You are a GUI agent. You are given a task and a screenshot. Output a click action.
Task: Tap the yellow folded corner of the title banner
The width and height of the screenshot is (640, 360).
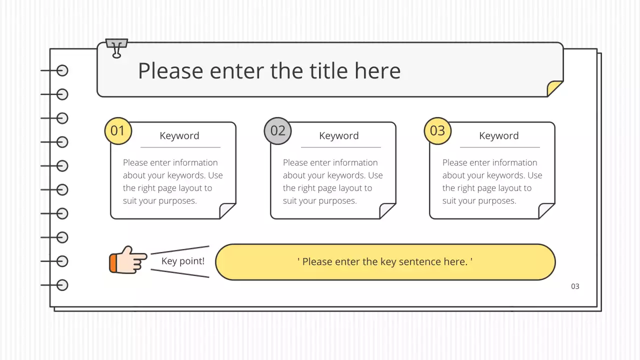click(x=553, y=89)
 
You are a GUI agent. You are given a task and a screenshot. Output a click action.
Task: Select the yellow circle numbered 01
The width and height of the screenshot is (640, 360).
click(x=117, y=131)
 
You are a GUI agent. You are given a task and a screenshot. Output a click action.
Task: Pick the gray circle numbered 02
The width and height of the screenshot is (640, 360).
click(x=277, y=131)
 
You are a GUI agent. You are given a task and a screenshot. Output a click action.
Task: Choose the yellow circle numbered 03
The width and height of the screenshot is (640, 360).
click(x=437, y=131)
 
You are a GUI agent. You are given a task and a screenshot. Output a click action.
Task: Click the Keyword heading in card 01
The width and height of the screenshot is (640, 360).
click(x=179, y=136)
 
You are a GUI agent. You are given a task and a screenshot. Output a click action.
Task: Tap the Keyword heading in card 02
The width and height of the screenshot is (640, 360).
click(x=339, y=136)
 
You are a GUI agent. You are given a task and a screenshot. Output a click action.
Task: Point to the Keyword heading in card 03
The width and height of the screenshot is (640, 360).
click(x=499, y=136)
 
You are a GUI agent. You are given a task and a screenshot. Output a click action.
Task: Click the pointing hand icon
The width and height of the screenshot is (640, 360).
click(x=128, y=260)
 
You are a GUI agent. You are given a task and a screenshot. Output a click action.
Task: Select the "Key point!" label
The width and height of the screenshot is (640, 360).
click(x=183, y=261)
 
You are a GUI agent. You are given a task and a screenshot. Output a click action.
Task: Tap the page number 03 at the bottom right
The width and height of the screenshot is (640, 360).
click(x=575, y=286)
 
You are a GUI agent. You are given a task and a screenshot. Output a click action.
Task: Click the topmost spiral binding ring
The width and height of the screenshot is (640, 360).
click(x=62, y=70)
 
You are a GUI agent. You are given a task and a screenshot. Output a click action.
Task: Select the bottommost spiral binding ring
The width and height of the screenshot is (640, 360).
click(x=62, y=285)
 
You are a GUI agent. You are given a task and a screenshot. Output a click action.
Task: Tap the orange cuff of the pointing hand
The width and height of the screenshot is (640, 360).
click(x=113, y=263)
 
